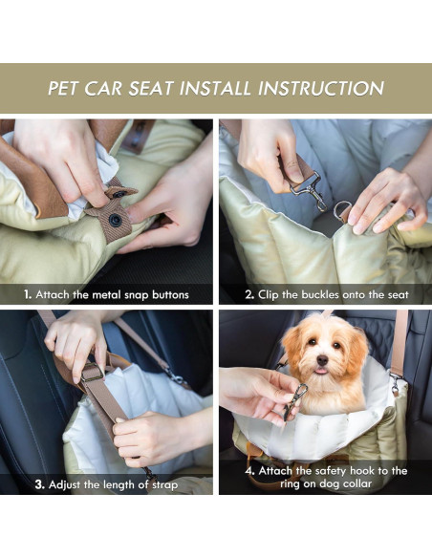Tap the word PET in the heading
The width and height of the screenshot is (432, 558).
(68, 89)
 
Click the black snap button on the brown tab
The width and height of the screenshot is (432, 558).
(115, 220)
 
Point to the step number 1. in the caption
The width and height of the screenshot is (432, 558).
(29, 294)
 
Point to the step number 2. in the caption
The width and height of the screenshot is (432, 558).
(249, 294)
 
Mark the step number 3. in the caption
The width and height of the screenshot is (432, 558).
(40, 484)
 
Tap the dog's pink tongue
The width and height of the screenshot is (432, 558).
(322, 372)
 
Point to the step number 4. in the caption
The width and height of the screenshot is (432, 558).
(249, 471)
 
